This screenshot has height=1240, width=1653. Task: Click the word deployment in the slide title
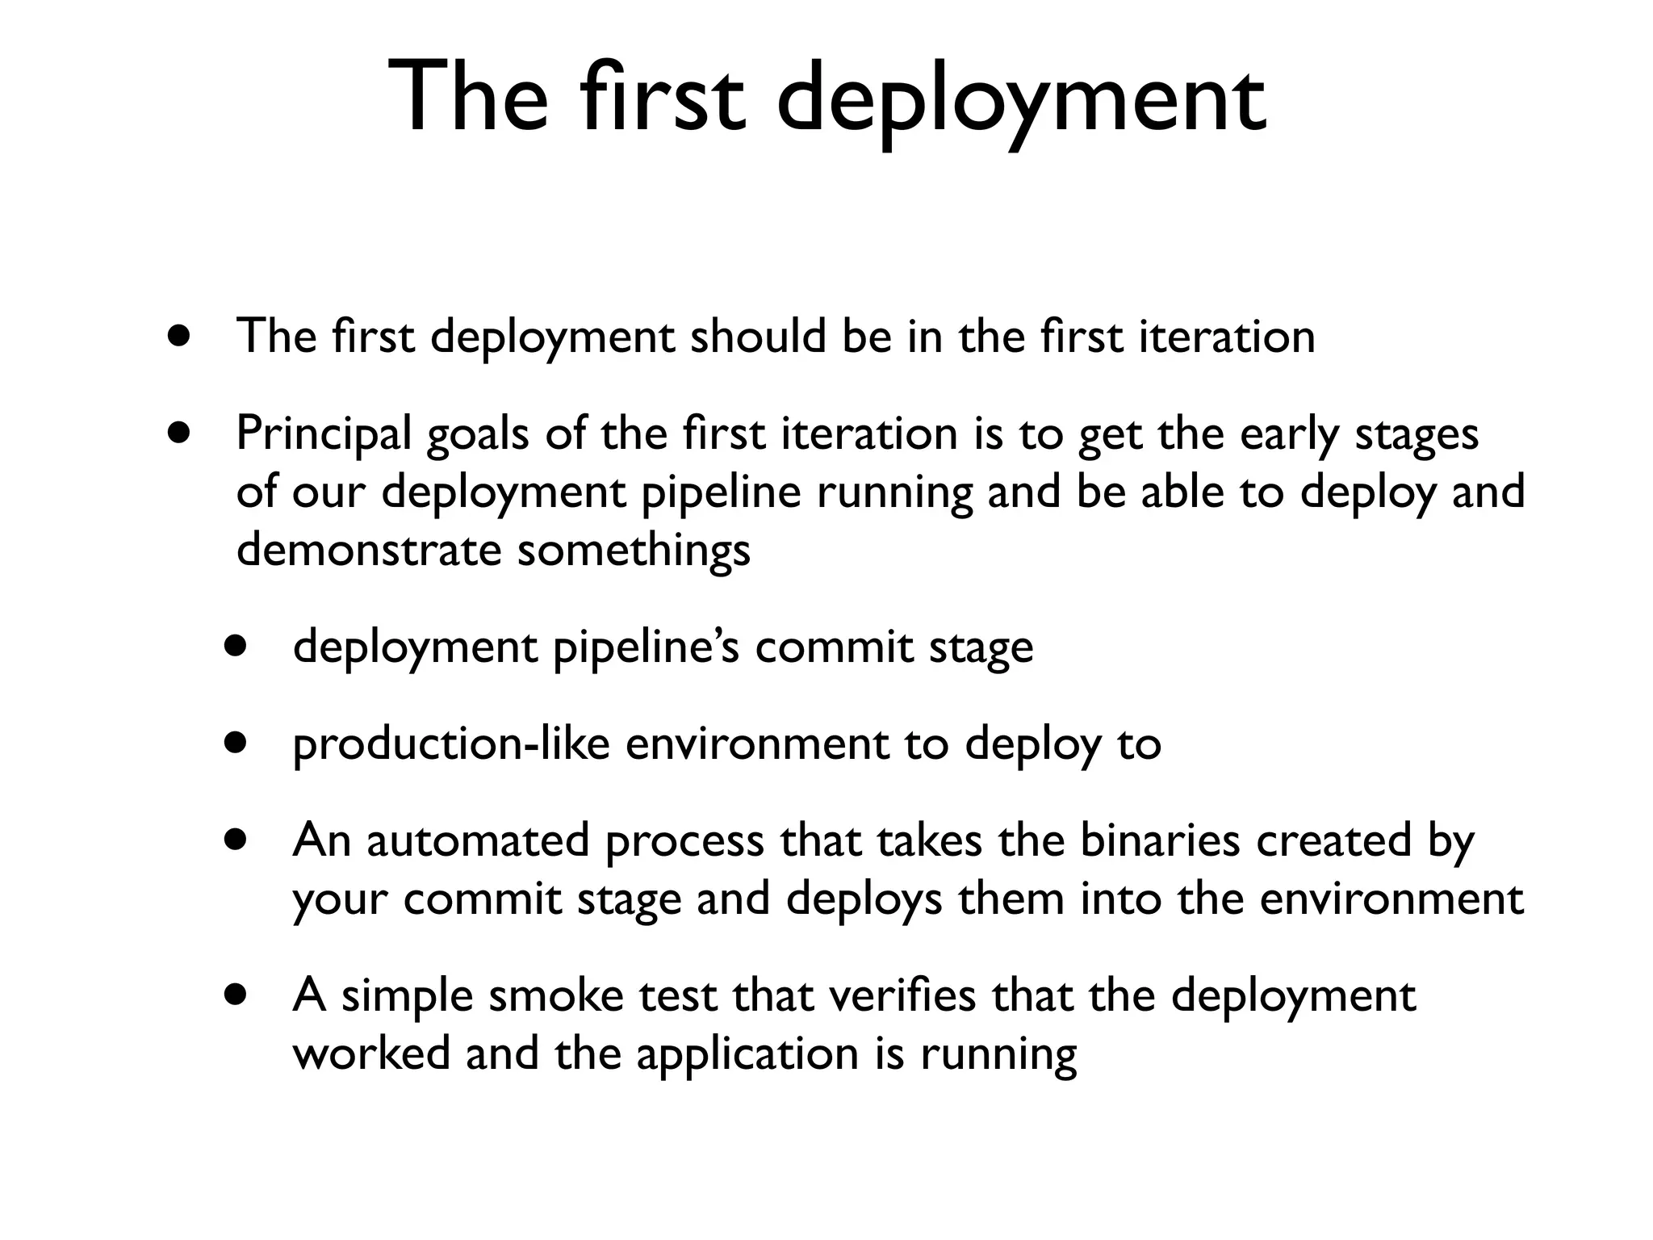click(x=1021, y=101)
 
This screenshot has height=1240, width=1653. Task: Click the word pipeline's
click(x=645, y=648)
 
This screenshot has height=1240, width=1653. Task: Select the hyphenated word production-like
click(x=451, y=744)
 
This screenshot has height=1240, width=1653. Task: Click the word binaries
click(x=1159, y=840)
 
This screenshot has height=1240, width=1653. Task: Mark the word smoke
click(x=556, y=995)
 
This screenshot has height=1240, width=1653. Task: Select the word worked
click(x=371, y=1053)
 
